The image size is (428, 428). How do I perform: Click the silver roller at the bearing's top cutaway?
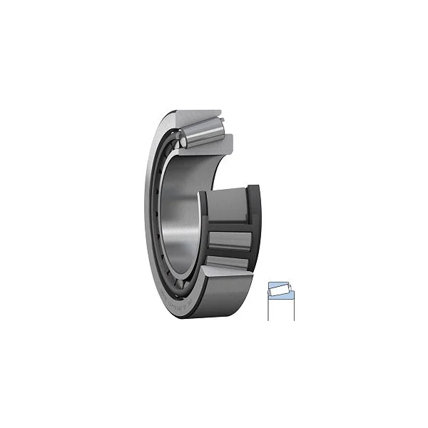click(203, 131)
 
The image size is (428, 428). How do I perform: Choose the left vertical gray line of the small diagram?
click(268, 308)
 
